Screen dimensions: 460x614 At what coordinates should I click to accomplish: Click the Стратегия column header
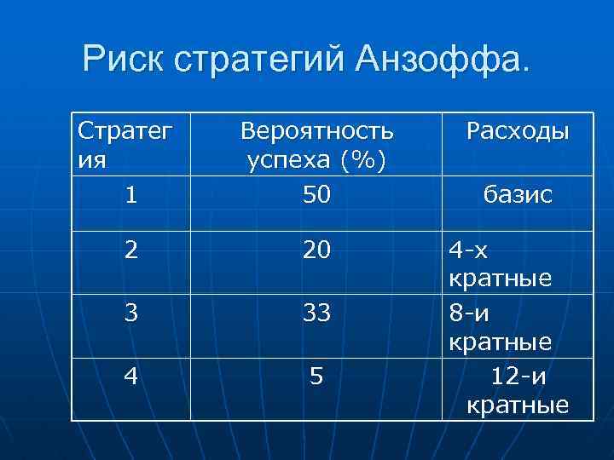point(125,144)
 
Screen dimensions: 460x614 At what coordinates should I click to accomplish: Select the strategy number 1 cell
point(130,195)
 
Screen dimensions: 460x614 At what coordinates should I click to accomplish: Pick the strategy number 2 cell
point(130,251)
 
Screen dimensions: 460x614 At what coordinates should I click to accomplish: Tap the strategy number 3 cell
point(130,313)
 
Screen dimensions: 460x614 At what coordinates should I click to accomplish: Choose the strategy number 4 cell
point(130,376)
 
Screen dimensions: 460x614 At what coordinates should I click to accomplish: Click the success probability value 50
point(316,195)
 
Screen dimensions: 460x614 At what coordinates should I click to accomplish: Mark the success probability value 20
point(316,251)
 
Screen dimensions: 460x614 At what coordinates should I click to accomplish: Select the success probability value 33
point(316,313)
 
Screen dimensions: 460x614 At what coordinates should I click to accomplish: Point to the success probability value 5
point(316,376)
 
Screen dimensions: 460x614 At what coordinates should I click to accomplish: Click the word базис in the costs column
point(518,195)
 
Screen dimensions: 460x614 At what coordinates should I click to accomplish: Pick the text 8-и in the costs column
point(471,313)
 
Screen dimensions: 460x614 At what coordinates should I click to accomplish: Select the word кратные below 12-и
point(518,405)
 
